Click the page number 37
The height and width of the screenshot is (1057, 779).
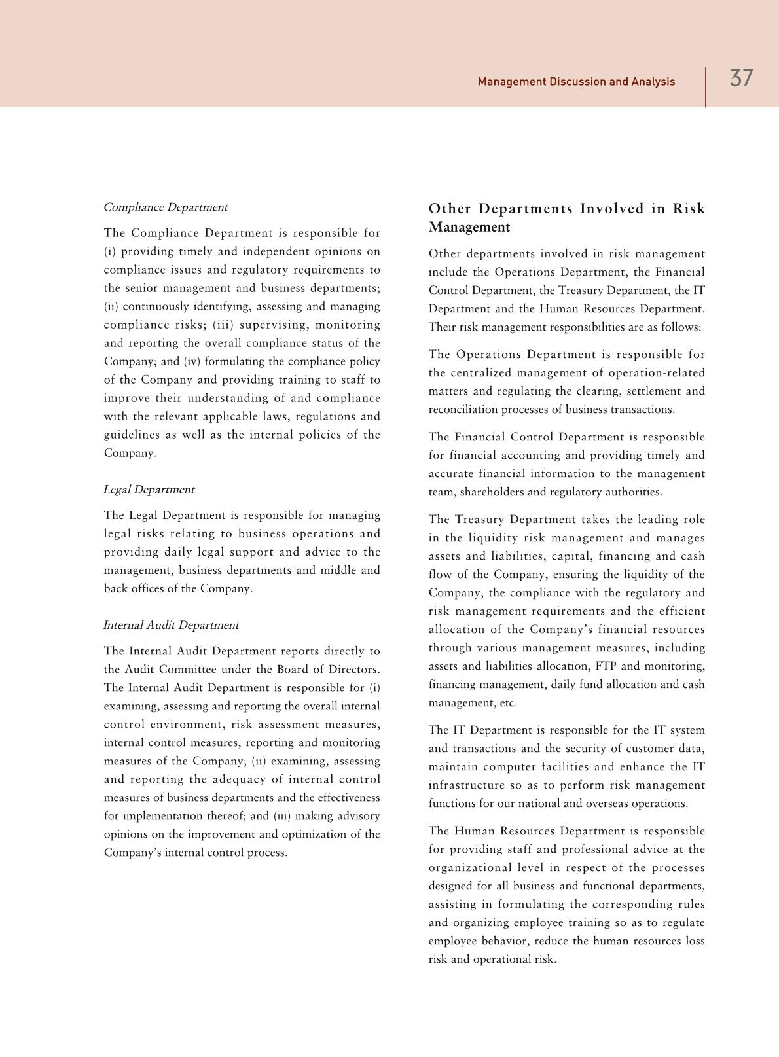coord(741,79)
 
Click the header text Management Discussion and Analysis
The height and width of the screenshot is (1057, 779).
coord(576,82)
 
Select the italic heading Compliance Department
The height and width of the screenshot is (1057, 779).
coord(166,207)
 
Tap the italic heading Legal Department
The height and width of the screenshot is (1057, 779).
coord(149,490)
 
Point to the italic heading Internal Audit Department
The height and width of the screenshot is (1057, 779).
coord(171,625)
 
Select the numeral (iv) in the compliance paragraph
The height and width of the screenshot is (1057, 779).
coord(191,361)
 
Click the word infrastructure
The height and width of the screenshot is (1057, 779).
coord(467,785)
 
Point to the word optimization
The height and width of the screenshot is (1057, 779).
coord(319,834)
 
